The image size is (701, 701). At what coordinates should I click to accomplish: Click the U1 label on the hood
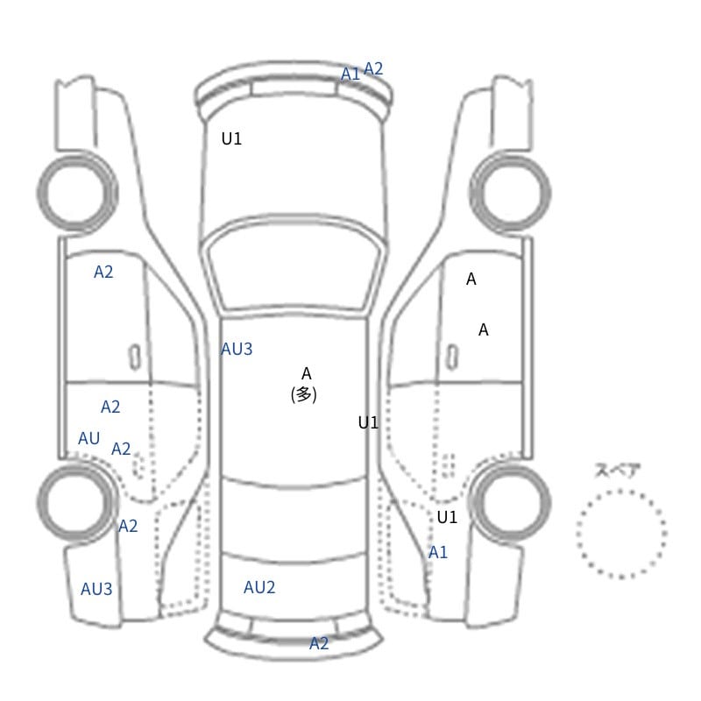[231, 139]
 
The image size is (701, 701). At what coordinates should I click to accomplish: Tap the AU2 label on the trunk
[259, 587]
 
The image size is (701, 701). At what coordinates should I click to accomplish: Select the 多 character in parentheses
[303, 394]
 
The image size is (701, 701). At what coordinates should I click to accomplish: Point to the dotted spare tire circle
[621, 491]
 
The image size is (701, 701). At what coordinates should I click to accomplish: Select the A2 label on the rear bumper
[319, 643]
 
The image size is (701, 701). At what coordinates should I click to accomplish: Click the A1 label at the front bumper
[350, 74]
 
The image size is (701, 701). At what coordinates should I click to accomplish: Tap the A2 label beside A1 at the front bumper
[373, 69]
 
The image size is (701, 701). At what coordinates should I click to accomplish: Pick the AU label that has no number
[89, 439]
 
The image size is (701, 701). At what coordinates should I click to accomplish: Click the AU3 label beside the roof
[237, 349]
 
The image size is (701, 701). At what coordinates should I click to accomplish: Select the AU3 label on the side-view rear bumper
[96, 589]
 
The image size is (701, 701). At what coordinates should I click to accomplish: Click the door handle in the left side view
[135, 358]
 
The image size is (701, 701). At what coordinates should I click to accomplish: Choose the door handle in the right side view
[452, 358]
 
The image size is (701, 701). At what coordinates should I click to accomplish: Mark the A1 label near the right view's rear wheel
[437, 553]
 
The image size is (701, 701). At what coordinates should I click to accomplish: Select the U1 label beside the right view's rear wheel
[447, 517]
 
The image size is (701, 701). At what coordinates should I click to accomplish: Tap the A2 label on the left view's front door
[103, 272]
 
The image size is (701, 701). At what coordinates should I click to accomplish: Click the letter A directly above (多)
[306, 373]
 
